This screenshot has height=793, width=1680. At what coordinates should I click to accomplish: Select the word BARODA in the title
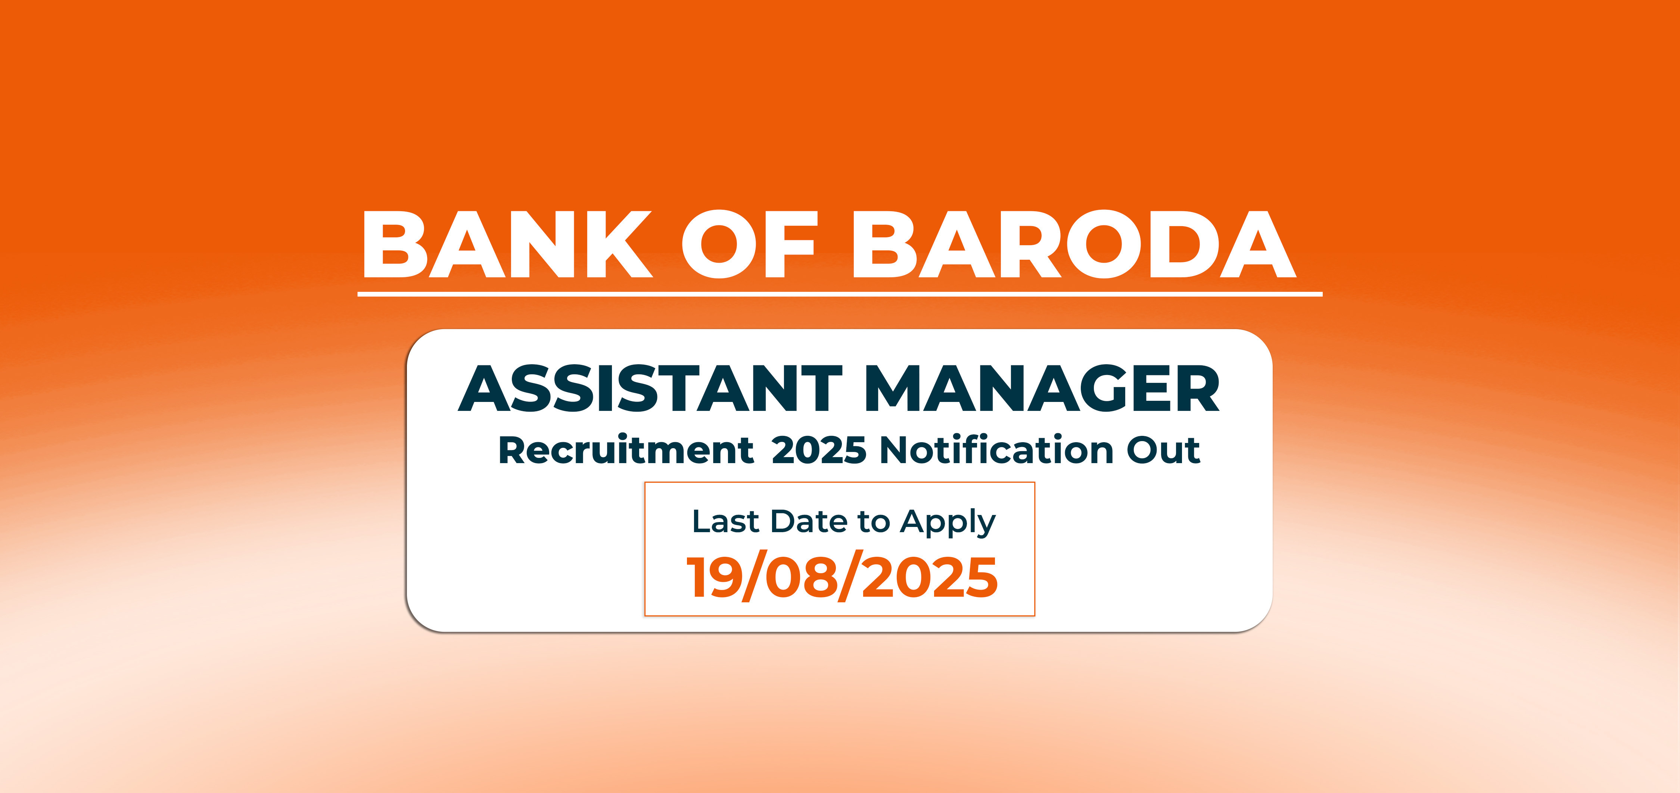pyautogui.click(x=1074, y=244)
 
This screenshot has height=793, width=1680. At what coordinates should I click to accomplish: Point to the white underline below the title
pyautogui.click(x=840, y=294)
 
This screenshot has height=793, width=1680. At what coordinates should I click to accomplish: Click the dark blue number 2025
pyautogui.click(x=819, y=450)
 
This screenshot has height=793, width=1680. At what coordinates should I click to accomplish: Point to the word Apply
pyautogui.click(x=948, y=524)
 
